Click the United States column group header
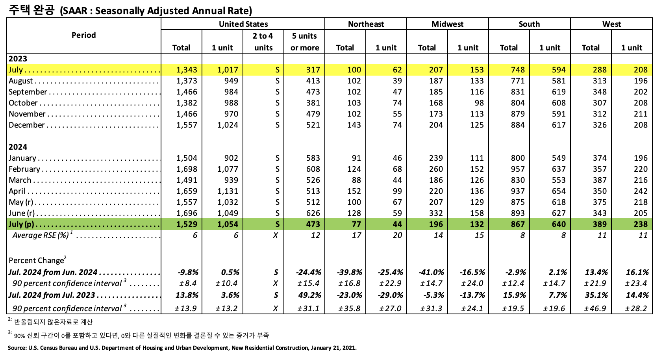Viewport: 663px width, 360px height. (x=243, y=24)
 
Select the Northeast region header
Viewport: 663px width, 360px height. (x=366, y=24)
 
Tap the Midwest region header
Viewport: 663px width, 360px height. (x=447, y=24)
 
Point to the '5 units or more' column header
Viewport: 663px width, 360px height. (x=304, y=42)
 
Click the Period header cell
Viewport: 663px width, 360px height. (x=83, y=35)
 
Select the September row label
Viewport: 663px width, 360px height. (x=28, y=92)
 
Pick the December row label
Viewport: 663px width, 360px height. (x=27, y=125)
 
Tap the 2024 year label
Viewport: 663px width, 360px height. (x=18, y=147)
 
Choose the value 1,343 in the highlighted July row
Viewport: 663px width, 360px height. (x=187, y=70)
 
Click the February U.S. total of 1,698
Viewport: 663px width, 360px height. (x=187, y=169)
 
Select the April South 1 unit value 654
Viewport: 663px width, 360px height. (x=558, y=191)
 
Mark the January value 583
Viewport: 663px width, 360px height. (x=313, y=158)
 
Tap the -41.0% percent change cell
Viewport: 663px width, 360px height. (x=432, y=272)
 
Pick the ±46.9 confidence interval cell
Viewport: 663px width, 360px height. (x=595, y=308)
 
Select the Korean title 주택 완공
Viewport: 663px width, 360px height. (x=31, y=10)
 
